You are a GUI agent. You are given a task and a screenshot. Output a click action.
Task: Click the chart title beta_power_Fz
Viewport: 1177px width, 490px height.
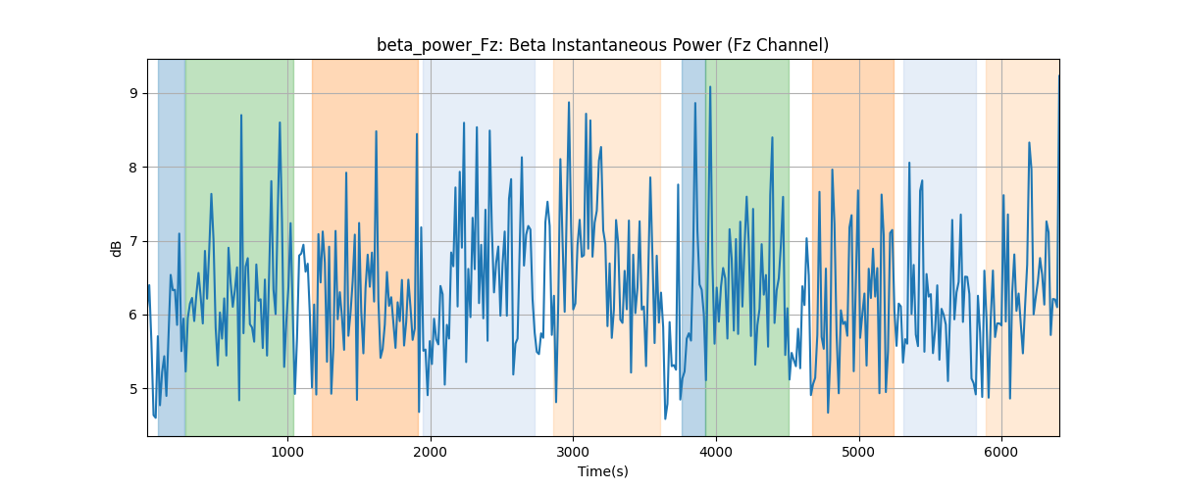pos(437,46)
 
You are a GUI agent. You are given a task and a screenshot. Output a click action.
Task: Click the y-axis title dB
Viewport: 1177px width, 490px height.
pos(116,249)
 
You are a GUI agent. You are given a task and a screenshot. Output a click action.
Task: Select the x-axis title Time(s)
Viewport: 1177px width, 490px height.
pos(602,471)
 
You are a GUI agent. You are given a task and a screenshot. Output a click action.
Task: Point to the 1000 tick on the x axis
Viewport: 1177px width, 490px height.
pos(287,452)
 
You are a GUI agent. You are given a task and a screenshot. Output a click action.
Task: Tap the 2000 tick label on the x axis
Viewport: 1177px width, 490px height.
pos(431,452)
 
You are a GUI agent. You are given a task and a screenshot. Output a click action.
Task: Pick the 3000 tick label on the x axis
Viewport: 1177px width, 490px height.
pos(573,452)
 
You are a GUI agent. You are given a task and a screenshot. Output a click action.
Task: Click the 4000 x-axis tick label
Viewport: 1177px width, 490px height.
pos(716,452)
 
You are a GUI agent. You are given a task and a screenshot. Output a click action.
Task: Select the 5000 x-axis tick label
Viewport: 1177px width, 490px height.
pos(858,452)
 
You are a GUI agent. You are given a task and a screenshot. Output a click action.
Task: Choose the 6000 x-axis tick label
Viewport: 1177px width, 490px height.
pos(1001,452)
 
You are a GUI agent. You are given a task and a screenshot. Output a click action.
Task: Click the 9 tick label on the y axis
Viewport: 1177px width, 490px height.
pos(133,93)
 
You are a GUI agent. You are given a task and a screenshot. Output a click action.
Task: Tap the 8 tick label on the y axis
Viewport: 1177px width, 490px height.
pos(133,168)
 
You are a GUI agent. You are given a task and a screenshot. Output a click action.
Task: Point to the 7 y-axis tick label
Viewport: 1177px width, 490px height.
pos(133,242)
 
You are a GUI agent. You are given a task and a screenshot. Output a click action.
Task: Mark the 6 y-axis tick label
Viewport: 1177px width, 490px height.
pos(133,316)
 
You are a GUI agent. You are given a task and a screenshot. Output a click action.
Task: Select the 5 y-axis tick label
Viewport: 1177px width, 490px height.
pos(133,389)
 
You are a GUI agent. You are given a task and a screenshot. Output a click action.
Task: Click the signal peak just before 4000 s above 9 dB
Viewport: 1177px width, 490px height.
pos(710,87)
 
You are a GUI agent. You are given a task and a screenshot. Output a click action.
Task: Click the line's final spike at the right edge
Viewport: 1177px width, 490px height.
pos(1058,76)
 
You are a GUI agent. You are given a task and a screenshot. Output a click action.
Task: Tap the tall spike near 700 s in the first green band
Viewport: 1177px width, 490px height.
pos(241,115)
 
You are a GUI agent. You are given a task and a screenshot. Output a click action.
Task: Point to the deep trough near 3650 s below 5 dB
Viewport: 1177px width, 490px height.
pos(665,418)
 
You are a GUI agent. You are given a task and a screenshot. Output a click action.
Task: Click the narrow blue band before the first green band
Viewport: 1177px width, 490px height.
pos(172,247)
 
